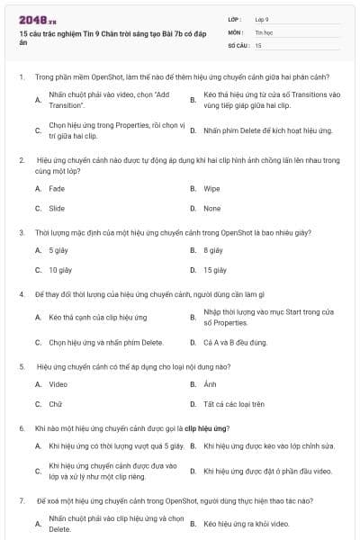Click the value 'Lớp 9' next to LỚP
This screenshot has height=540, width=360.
[x=262, y=19]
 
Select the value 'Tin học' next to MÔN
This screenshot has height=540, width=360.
[x=264, y=31]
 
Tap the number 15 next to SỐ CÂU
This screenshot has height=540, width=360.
[x=258, y=44]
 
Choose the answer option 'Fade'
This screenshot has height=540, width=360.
[x=57, y=189]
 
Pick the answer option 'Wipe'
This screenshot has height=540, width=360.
[x=211, y=189]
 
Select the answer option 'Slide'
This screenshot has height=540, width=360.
[x=57, y=208]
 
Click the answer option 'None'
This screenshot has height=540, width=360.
[x=211, y=208]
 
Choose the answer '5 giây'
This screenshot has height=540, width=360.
[x=58, y=250]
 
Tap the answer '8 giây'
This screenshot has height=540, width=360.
[x=212, y=250]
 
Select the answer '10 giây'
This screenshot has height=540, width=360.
[x=60, y=269]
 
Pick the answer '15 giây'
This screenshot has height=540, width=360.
[x=214, y=269]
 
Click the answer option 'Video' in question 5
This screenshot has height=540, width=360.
[x=58, y=384]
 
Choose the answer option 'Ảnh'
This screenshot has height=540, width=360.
[x=210, y=384]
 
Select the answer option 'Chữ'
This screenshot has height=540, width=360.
[x=55, y=404]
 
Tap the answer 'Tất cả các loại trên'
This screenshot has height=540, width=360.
[x=234, y=404]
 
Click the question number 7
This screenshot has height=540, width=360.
[x=21, y=499]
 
